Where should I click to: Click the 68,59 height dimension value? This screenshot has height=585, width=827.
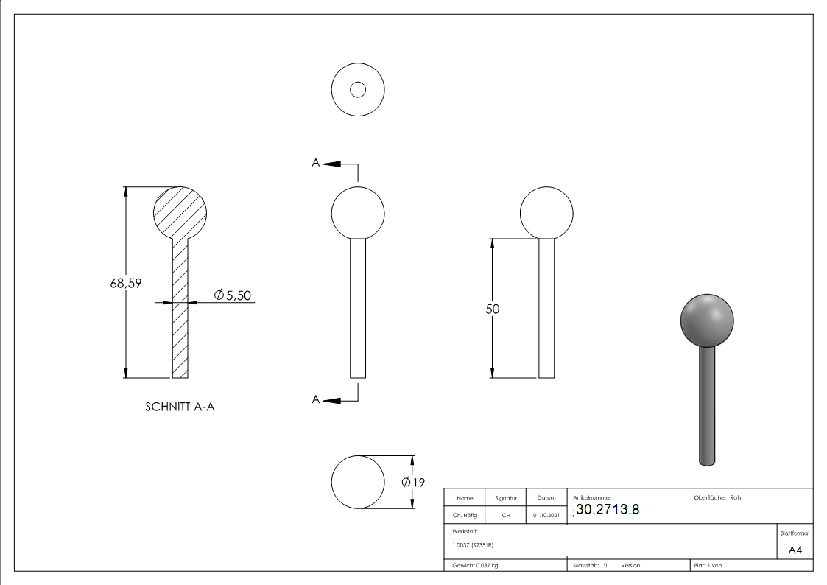click(x=125, y=283)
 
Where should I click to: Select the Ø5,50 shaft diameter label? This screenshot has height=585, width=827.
click(x=233, y=295)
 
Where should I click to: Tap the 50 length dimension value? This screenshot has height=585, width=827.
click(x=492, y=309)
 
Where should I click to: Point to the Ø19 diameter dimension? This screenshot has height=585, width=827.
click(x=413, y=482)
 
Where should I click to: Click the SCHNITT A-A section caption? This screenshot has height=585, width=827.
click(x=180, y=407)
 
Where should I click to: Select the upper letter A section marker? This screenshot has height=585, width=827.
click(x=315, y=163)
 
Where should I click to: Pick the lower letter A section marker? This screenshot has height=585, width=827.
click(x=315, y=399)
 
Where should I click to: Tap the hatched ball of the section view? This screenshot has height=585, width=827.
click(x=180, y=213)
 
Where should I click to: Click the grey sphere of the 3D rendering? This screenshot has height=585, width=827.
click(x=707, y=320)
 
